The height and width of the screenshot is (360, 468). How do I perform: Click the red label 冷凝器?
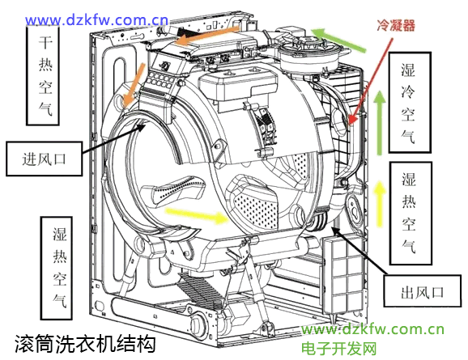point(396,25)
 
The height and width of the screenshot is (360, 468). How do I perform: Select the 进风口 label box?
point(45,159)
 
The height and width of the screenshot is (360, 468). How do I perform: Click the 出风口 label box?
point(422,291)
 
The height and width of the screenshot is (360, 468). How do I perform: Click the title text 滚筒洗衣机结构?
point(85,343)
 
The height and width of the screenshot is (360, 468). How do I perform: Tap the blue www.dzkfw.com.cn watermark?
point(96,20)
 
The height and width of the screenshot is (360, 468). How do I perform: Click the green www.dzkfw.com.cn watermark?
point(372,329)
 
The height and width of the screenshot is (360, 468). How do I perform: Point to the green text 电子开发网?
point(338,348)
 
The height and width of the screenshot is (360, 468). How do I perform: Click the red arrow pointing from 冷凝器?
point(371,81)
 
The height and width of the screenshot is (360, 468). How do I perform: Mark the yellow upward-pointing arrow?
point(380,203)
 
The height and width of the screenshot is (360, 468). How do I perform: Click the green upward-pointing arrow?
point(380,123)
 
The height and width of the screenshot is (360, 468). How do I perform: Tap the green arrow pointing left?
point(338,40)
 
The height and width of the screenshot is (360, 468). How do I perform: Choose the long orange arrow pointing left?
point(206,36)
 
